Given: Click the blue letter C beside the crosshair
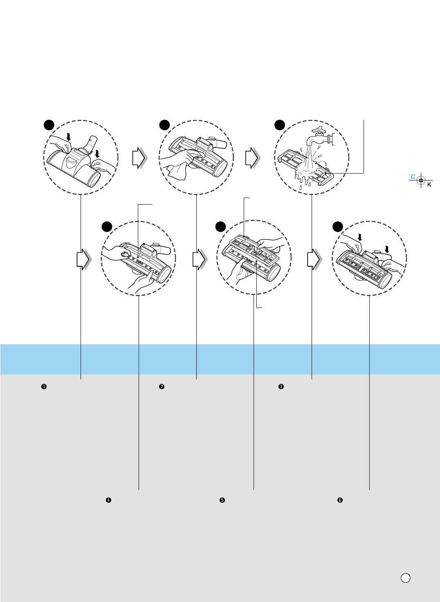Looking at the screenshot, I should pos(413,177).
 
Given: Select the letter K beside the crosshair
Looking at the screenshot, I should pos(429,185).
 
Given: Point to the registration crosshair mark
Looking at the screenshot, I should pos(421,180).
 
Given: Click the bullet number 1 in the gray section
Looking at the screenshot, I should pos(43,386).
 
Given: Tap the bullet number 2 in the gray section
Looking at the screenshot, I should pos(162,386).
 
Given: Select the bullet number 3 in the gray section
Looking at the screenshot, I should pos(281,386).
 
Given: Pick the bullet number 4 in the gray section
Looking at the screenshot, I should pos(109,500).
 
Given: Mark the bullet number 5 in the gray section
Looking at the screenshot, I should pos(222,500).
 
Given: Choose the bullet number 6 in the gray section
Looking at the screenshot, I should pos(340,500).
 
